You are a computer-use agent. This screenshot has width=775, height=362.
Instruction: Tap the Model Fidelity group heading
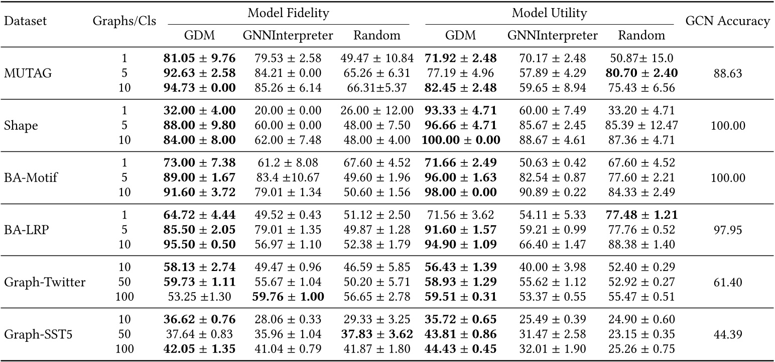pos(288,14)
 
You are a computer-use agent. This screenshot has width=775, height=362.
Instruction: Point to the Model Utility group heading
pos(549,14)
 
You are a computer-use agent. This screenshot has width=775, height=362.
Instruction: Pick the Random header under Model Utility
pos(641,35)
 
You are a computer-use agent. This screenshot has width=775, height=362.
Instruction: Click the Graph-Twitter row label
pos(45,282)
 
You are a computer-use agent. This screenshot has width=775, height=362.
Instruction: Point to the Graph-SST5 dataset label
pos(38,334)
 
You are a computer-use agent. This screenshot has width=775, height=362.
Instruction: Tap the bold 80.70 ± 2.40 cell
pos(641,73)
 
